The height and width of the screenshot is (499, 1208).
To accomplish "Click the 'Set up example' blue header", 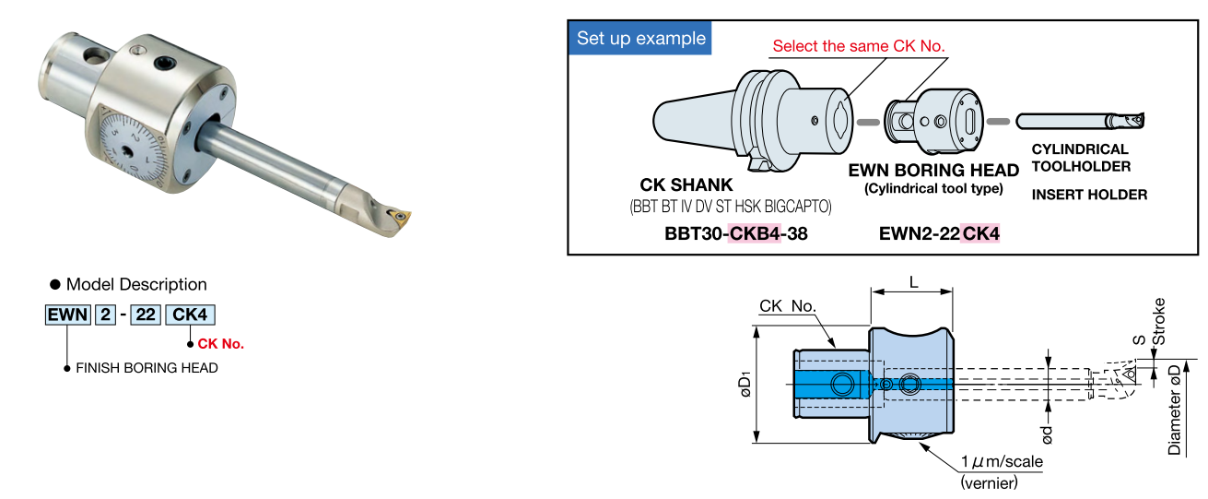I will point(641,38).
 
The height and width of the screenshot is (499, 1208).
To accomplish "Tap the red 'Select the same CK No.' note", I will point(859,45).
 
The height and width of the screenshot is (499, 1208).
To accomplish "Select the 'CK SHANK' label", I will point(686,185).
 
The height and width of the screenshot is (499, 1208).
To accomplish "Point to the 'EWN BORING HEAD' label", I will point(933,171).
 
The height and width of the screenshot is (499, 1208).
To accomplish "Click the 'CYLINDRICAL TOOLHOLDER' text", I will point(1080,158).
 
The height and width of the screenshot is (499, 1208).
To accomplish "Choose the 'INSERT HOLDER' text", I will point(1089,195).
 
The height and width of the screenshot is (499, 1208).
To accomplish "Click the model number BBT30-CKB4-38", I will point(735,234).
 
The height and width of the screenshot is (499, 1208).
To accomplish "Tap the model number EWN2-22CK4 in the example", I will point(939,234).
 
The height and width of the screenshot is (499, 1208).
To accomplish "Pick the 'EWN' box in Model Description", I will point(68,315).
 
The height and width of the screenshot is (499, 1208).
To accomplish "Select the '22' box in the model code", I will point(145,315).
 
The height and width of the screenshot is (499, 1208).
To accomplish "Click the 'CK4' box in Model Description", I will point(189,315).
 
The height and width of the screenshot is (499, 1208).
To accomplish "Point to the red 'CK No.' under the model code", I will point(221,344).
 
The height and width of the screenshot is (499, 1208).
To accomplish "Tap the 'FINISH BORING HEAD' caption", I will point(147,368).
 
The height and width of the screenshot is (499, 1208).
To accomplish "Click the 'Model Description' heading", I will point(136,284).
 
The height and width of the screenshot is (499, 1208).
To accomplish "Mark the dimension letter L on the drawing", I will point(913,283).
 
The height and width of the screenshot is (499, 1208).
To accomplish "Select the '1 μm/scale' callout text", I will point(1003,461).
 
